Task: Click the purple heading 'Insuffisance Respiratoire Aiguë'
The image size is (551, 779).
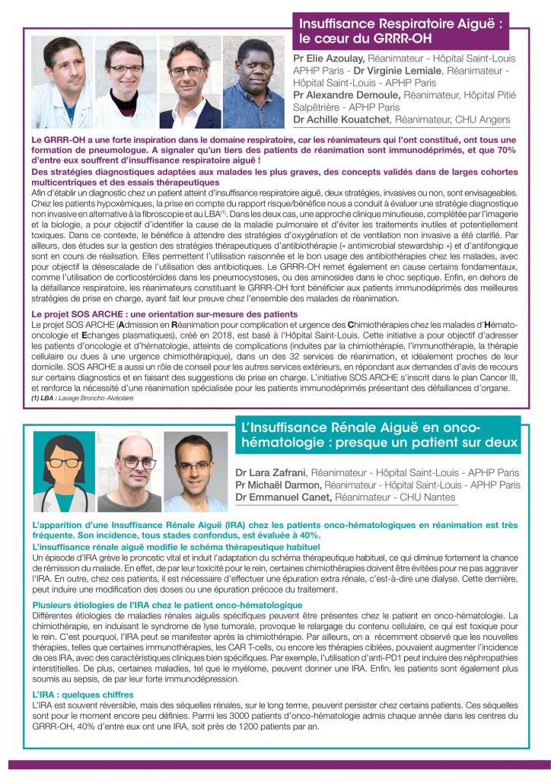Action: point(400,24)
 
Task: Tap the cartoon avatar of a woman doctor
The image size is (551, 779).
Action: point(64,472)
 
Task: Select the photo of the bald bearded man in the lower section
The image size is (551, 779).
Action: point(129,472)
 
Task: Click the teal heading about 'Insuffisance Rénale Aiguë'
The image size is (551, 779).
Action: point(377,434)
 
